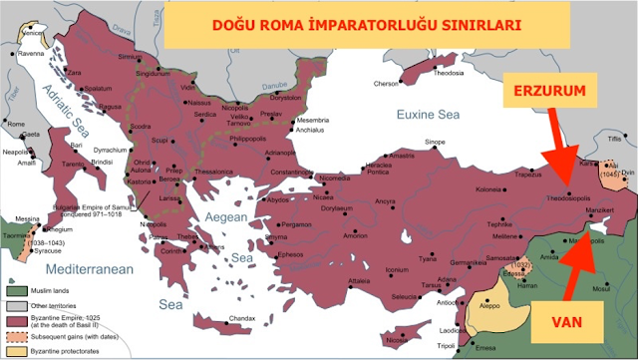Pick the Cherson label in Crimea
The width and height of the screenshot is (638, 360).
[385, 84]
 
